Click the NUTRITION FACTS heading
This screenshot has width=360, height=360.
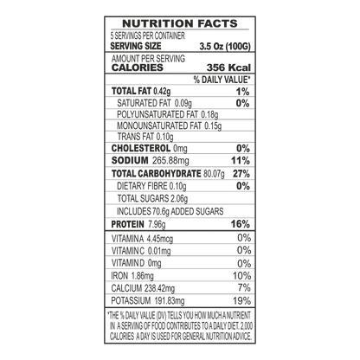(x=180, y=23)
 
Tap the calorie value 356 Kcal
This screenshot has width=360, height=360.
(x=228, y=67)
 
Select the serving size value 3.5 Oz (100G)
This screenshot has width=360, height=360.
(x=225, y=47)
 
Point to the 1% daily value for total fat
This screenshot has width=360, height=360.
(x=242, y=92)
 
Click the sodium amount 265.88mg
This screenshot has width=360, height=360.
(x=170, y=161)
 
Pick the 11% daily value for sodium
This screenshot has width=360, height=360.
(x=241, y=161)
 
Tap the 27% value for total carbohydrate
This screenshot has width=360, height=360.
(x=241, y=174)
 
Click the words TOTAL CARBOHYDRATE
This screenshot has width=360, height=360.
(x=156, y=174)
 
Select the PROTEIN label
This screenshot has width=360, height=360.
(x=127, y=224)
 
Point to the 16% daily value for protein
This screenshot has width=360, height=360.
(x=241, y=224)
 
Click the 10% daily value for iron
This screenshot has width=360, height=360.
(x=241, y=276)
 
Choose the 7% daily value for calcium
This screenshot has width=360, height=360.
(x=244, y=287)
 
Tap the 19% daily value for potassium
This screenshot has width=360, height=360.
(x=241, y=301)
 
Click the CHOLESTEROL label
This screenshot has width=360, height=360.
(x=141, y=148)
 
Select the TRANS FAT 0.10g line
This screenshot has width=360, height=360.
(x=145, y=137)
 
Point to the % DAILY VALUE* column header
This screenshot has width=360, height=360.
(x=222, y=80)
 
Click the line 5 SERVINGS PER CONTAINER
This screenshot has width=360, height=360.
(x=148, y=35)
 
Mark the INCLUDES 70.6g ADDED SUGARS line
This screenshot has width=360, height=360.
(x=170, y=211)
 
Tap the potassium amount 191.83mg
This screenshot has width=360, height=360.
(x=170, y=301)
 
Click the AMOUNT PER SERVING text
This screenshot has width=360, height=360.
(x=148, y=59)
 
